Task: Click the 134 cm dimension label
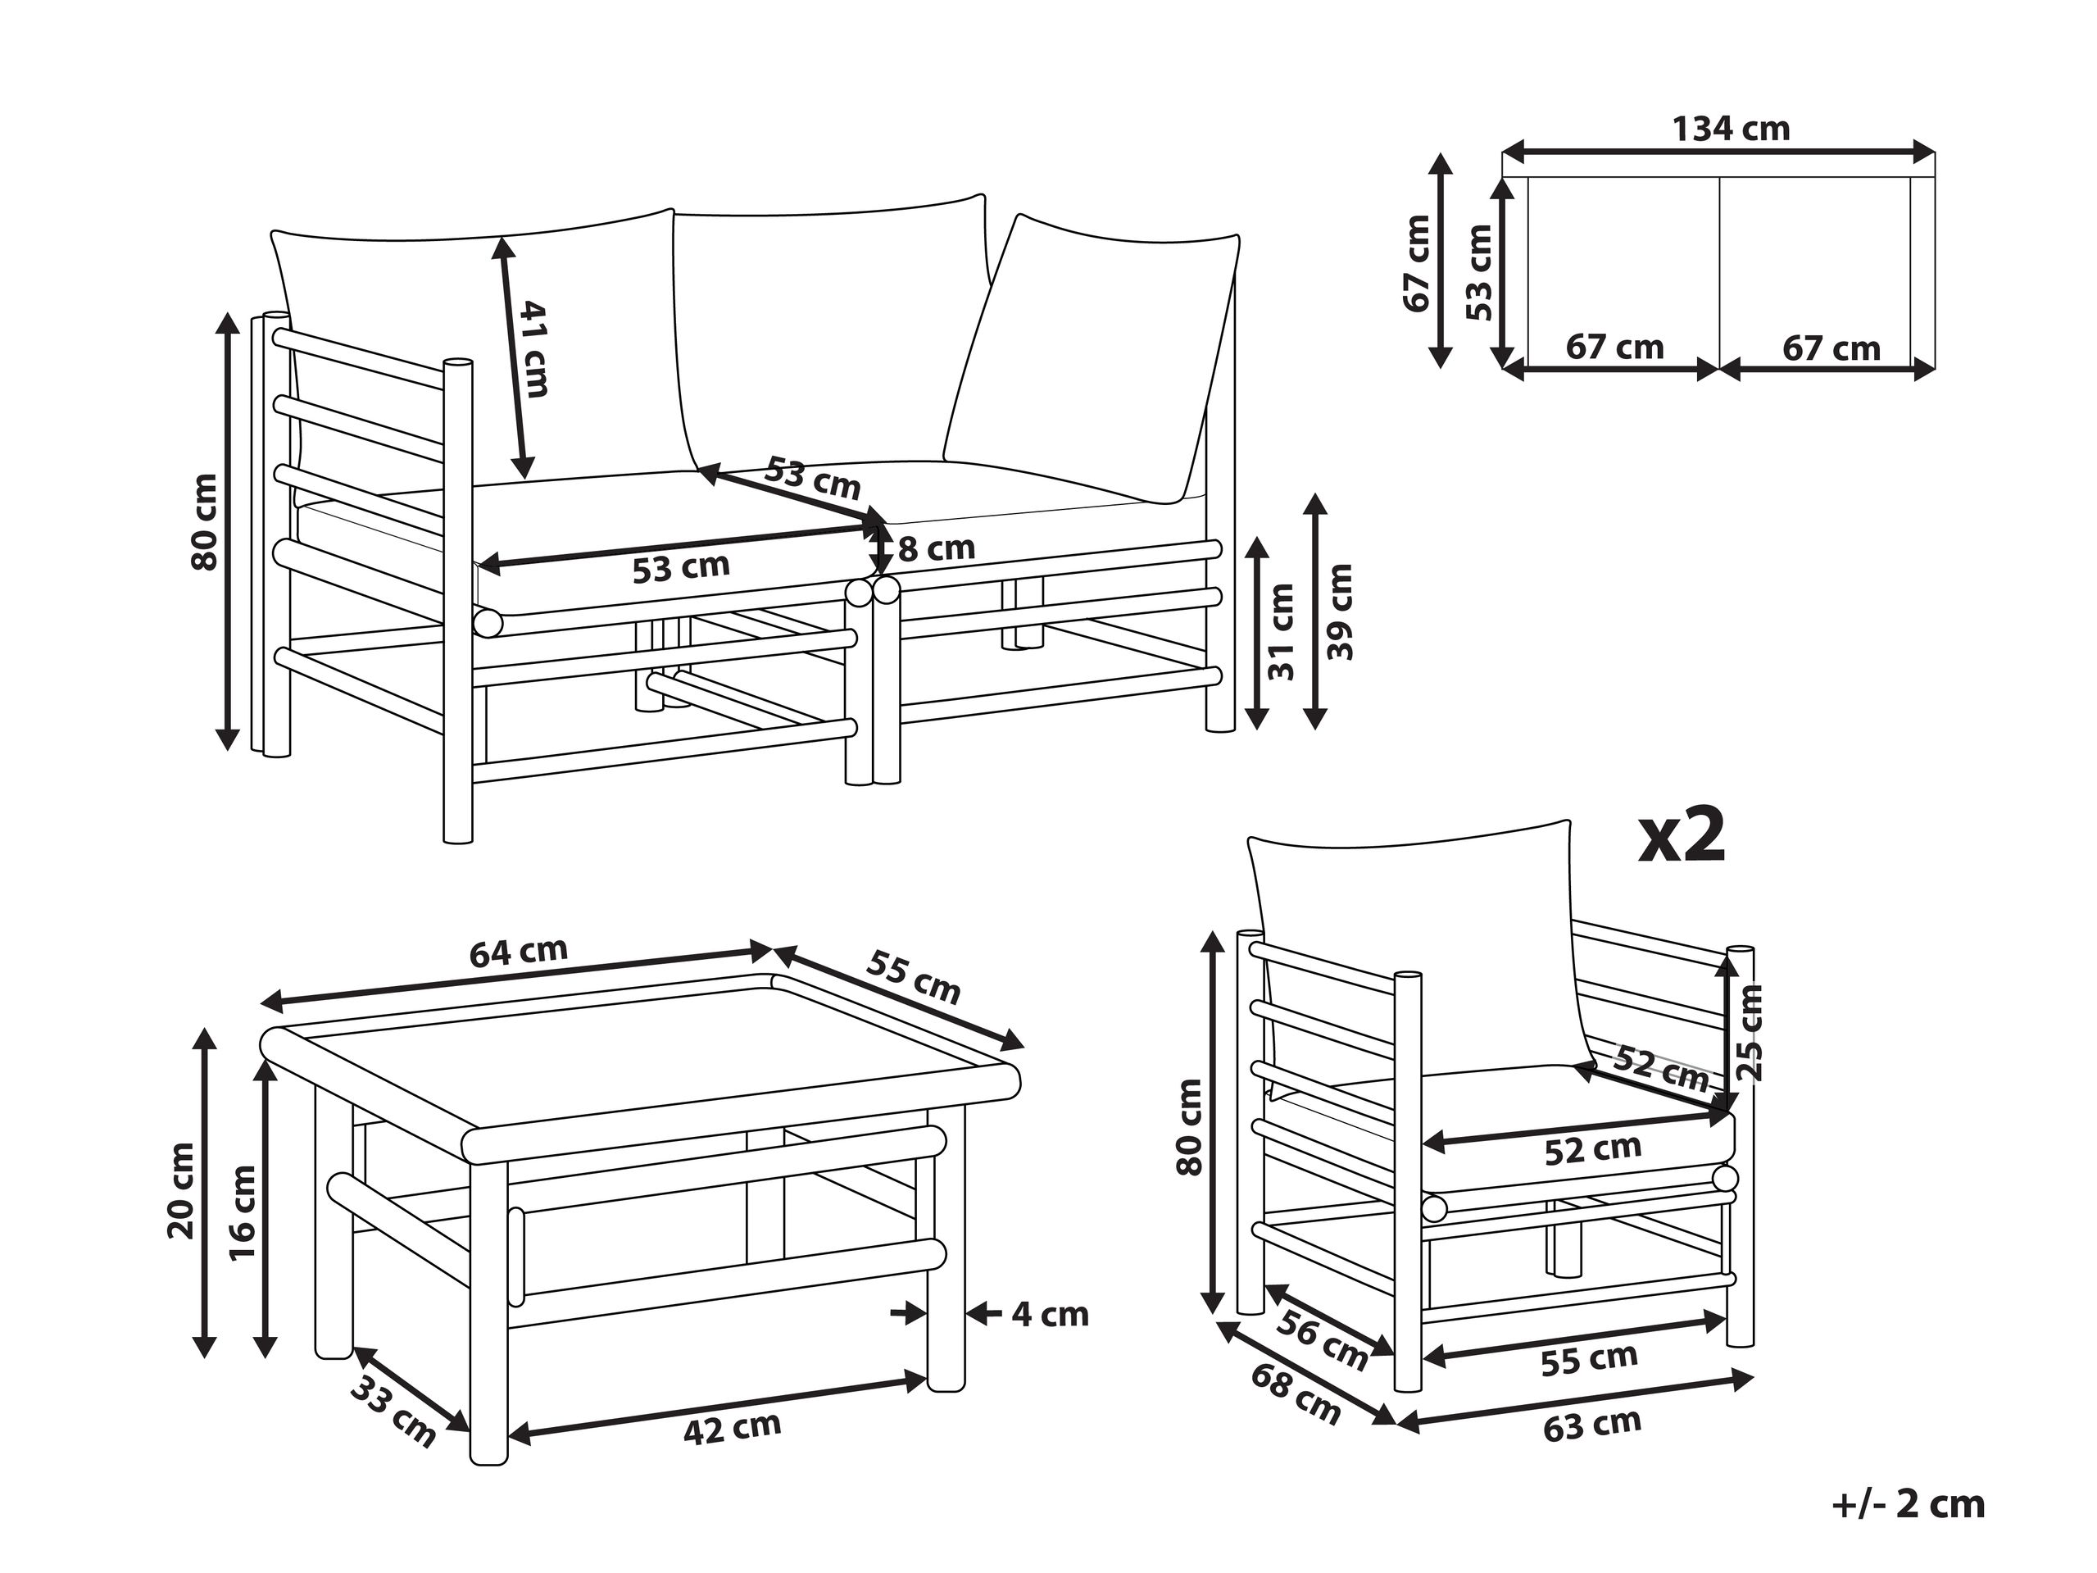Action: (1730, 129)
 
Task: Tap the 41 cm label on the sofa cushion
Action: (533, 349)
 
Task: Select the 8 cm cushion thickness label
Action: (936, 549)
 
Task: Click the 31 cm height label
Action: (1281, 631)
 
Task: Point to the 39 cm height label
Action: (1340, 611)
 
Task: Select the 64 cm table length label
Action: (519, 952)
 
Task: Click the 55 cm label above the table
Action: (912, 978)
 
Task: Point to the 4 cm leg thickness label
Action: (1050, 1314)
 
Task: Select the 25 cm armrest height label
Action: (1751, 1033)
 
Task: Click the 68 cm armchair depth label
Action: (1295, 1393)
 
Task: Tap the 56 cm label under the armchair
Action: (1322, 1339)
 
